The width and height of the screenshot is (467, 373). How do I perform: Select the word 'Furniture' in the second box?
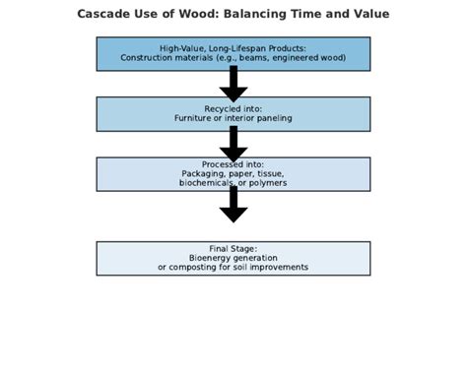195,118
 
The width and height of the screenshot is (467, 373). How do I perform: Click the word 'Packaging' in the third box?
202,173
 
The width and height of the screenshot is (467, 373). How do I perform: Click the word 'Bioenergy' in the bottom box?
209,258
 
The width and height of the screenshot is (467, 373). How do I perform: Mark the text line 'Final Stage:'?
233,248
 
